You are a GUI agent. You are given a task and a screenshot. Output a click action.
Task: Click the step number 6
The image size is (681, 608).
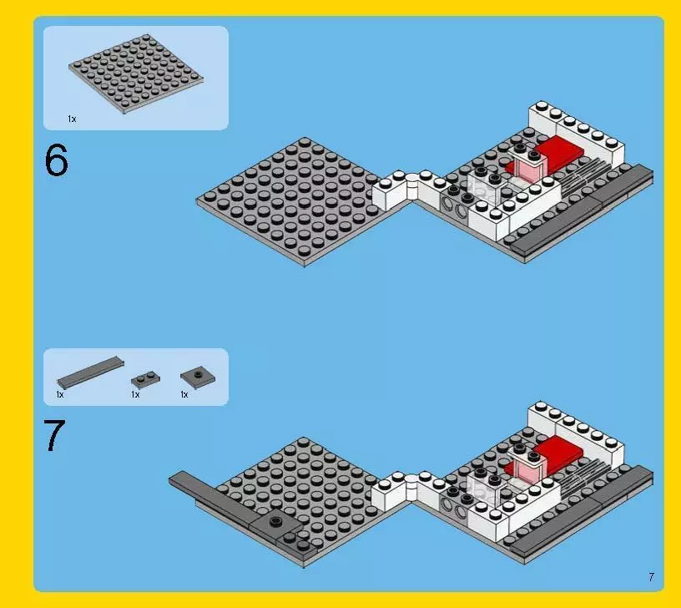(x=56, y=161)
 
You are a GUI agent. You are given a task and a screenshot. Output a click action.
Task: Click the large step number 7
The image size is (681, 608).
(x=54, y=436)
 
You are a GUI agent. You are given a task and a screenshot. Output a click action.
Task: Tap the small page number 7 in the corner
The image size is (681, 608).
(x=650, y=576)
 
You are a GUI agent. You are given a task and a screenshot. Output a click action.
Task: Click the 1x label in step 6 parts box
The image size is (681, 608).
(x=72, y=119)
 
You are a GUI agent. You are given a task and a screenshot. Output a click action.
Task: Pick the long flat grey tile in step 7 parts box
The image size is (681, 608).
(x=90, y=371)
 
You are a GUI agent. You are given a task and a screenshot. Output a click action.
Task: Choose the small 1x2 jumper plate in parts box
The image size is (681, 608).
(x=144, y=378)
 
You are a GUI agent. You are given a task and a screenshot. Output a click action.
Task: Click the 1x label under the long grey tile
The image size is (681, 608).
(x=60, y=394)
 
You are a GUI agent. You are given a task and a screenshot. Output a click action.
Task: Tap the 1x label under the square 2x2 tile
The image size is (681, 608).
(x=184, y=394)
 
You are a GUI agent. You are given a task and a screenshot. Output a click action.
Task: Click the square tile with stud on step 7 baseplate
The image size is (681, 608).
(x=275, y=523)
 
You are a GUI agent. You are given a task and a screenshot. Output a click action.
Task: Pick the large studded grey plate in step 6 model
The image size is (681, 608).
(x=288, y=200)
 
